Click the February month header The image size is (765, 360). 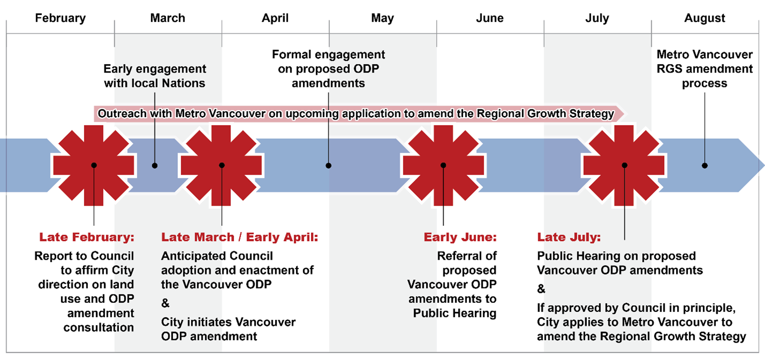[x=60, y=18]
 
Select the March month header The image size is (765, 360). [x=167, y=18]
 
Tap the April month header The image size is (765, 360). [x=275, y=18]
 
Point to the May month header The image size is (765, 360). [x=382, y=18]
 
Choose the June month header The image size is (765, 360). [x=489, y=18]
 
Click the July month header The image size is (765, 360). [x=597, y=18]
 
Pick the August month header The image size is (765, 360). [x=704, y=18]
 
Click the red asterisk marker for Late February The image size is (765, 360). [x=94, y=165]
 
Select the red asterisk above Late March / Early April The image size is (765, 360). [x=222, y=165]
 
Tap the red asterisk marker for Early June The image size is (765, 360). [x=443, y=165]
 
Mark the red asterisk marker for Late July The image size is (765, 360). [x=624, y=165]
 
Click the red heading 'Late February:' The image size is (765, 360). [x=87, y=237]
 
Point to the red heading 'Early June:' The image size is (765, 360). [x=460, y=237]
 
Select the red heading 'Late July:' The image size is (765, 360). [x=569, y=237]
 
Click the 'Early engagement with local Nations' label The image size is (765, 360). [x=154, y=76]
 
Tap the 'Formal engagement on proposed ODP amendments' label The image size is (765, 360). [x=328, y=69]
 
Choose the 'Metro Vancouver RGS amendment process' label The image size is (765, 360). [x=704, y=69]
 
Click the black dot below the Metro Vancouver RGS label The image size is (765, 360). [x=704, y=165]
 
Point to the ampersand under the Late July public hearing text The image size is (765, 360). [x=541, y=289]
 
